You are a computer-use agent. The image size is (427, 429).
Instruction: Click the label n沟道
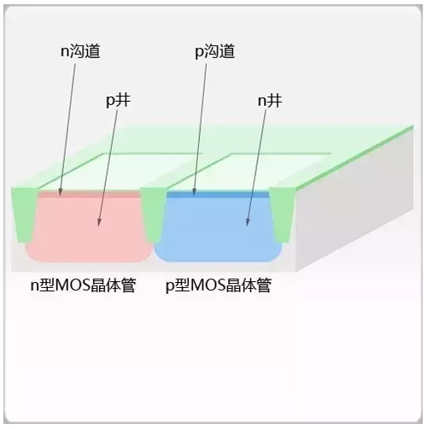click(x=80, y=51)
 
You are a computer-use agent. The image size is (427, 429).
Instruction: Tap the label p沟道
click(x=215, y=51)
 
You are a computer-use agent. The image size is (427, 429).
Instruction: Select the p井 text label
click(x=119, y=101)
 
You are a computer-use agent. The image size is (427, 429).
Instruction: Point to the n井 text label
click(x=270, y=101)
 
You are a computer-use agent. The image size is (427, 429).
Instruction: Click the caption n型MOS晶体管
click(x=83, y=285)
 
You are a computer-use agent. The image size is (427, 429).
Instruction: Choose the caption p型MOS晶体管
click(x=219, y=285)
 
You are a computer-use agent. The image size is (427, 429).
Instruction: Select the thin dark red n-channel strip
click(x=89, y=194)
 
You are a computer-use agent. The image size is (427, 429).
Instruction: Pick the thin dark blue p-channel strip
click(x=218, y=195)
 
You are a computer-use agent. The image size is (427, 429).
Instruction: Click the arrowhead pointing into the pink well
click(x=99, y=222)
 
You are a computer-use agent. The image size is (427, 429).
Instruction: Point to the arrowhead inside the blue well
click(x=248, y=222)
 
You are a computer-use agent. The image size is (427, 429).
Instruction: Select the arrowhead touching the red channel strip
click(x=60, y=192)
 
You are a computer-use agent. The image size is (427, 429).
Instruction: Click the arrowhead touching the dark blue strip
click(x=194, y=192)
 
